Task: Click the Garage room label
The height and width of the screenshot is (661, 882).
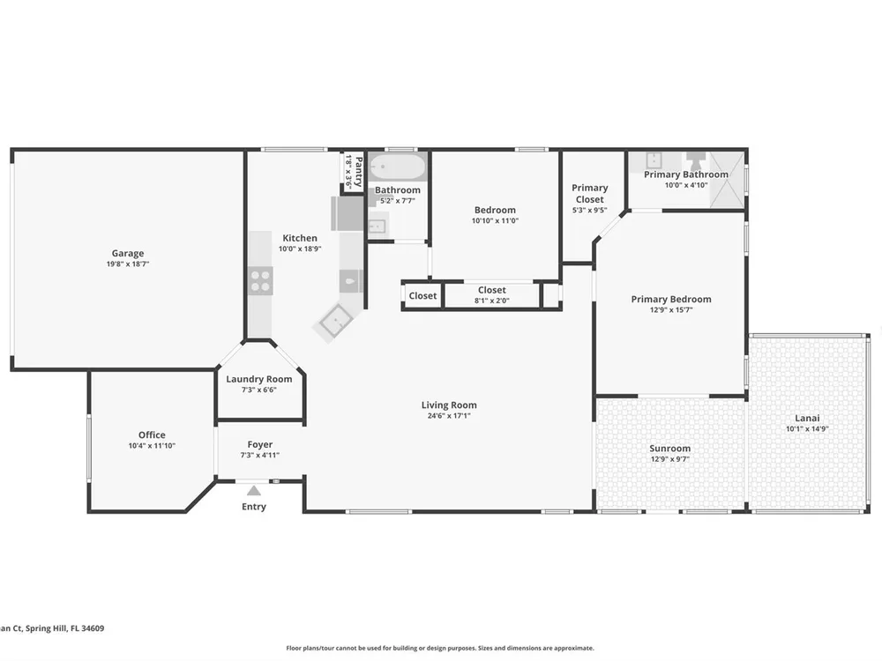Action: [128, 254]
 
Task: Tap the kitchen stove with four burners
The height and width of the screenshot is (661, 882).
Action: [260, 280]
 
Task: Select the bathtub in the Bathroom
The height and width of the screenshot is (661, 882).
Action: [398, 167]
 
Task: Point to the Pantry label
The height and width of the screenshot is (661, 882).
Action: [358, 172]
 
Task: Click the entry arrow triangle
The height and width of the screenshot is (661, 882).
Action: [254, 491]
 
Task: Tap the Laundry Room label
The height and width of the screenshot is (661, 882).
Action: [258, 379]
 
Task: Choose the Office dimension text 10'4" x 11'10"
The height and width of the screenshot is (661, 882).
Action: [152, 446]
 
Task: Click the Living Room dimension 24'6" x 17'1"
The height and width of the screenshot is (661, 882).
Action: [449, 416]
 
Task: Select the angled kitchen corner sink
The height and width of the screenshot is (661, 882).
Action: [336, 321]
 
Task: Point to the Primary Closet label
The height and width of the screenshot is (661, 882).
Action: [589, 193]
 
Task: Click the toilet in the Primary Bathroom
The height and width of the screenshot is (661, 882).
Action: [696, 160]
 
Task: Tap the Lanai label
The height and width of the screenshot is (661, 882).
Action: [807, 418]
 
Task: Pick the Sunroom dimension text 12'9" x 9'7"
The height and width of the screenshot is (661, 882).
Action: [670, 459]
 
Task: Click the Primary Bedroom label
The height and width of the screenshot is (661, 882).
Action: [671, 299]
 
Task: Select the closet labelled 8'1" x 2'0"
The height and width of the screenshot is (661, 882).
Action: [492, 295]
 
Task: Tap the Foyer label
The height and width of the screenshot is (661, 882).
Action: [260, 444]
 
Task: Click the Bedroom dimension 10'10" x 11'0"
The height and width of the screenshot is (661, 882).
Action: [495, 221]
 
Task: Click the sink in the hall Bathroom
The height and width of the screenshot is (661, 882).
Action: [377, 226]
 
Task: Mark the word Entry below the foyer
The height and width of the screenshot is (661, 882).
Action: [254, 507]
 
